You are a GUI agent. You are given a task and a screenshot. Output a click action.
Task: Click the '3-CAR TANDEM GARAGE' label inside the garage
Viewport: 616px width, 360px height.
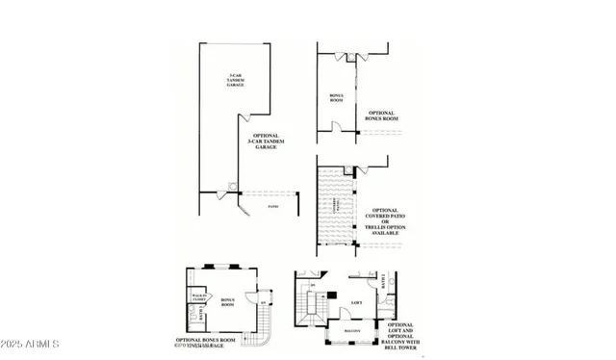point(235,80)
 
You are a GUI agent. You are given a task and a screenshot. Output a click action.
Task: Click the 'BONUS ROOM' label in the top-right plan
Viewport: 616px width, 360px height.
point(336,97)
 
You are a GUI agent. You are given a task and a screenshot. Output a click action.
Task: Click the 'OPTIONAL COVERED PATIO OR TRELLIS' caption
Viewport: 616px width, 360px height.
point(385,221)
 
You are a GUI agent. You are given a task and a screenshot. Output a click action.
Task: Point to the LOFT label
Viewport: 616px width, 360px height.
point(355,301)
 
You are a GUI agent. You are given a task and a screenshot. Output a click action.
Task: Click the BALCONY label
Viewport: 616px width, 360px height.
point(353,329)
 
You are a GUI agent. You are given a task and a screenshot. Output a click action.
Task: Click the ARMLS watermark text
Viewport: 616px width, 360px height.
point(31,344)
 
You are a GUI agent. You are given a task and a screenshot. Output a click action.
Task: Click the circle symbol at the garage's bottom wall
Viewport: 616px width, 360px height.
point(231,186)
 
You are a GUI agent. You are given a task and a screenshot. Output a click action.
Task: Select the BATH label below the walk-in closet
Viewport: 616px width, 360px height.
point(189,311)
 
